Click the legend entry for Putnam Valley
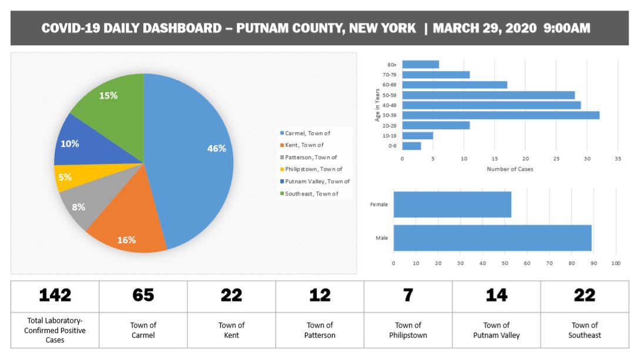coord(317,181)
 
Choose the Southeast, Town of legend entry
coord(311,193)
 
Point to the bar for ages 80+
coord(420,65)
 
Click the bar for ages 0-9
coord(411,146)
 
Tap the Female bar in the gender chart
coord(452,204)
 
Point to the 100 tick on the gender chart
coord(616,263)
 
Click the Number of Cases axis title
coord(509,169)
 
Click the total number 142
coord(55,295)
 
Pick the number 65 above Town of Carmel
coord(143,295)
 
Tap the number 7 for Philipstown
coord(408,295)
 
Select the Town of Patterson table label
coord(320,330)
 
